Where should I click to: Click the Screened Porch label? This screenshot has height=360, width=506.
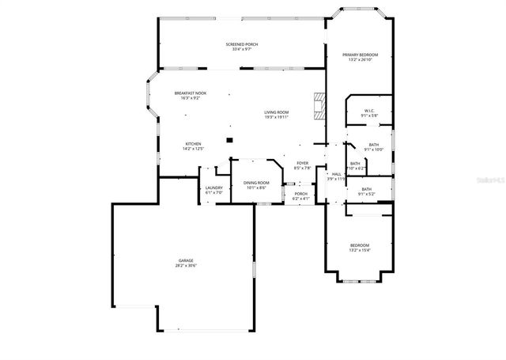[242, 44]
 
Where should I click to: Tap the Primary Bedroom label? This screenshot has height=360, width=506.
[360, 55]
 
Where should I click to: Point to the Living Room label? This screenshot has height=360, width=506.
[277, 112]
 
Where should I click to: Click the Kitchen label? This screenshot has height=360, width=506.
[194, 143]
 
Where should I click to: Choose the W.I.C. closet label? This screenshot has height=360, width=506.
[369, 110]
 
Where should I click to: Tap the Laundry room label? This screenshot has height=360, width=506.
[214, 188]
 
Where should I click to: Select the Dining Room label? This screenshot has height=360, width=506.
[257, 183]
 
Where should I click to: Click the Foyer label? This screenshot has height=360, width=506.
[302, 163]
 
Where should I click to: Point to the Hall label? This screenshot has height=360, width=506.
[336, 174]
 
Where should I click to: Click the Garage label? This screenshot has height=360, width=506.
[186, 260]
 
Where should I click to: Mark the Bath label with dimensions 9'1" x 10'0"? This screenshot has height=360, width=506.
[373, 144]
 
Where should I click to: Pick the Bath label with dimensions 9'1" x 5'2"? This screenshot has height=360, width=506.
[367, 189]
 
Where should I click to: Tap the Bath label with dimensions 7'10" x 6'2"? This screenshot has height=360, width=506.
[355, 163]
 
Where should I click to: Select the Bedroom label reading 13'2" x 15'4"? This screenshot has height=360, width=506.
[360, 245]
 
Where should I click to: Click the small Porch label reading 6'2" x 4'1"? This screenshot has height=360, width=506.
[300, 193]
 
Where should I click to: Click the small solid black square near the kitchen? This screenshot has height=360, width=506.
[229, 140]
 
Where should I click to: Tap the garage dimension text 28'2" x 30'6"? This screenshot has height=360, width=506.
[186, 265]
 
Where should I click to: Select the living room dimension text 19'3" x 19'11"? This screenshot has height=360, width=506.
[277, 117]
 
